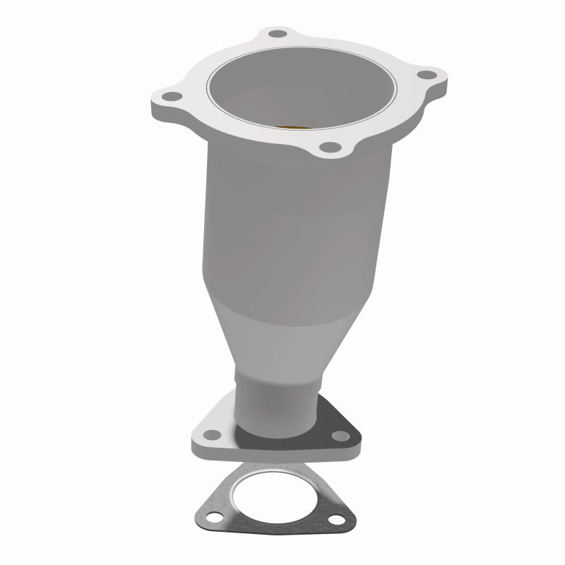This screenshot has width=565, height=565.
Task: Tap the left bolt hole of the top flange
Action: point(168,97)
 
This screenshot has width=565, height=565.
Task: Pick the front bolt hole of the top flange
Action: point(327,147)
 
